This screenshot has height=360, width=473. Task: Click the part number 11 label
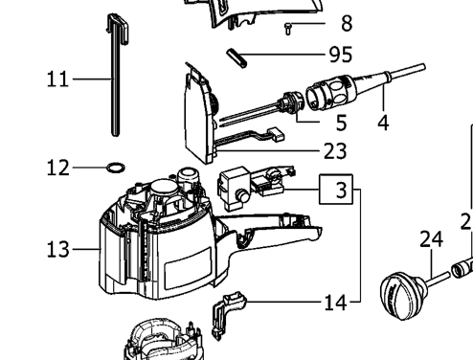[x=57, y=79]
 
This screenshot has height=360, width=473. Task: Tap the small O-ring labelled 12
[x=116, y=168]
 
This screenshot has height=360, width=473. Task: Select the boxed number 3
[x=336, y=190]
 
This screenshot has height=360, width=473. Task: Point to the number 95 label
[x=341, y=55]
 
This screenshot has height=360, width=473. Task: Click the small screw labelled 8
[x=288, y=28]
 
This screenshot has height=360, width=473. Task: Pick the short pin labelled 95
[x=236, y=57]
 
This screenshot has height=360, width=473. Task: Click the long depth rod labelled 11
[x=117, y=75]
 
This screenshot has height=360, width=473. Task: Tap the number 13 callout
[x=57, y=249]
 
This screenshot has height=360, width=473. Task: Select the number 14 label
[x=335, y=303]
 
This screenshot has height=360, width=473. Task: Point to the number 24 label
[x=431, y=239]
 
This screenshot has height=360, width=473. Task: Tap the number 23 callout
[x=335, y=151]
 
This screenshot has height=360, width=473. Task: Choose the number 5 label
[x=341, y=123]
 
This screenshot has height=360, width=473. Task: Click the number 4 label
[x=383, y=123]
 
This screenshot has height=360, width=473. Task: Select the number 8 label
[x=347, y=23]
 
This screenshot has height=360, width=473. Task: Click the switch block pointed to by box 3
[x=251, y=189]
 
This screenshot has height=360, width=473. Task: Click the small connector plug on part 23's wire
[x=276, y=134]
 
